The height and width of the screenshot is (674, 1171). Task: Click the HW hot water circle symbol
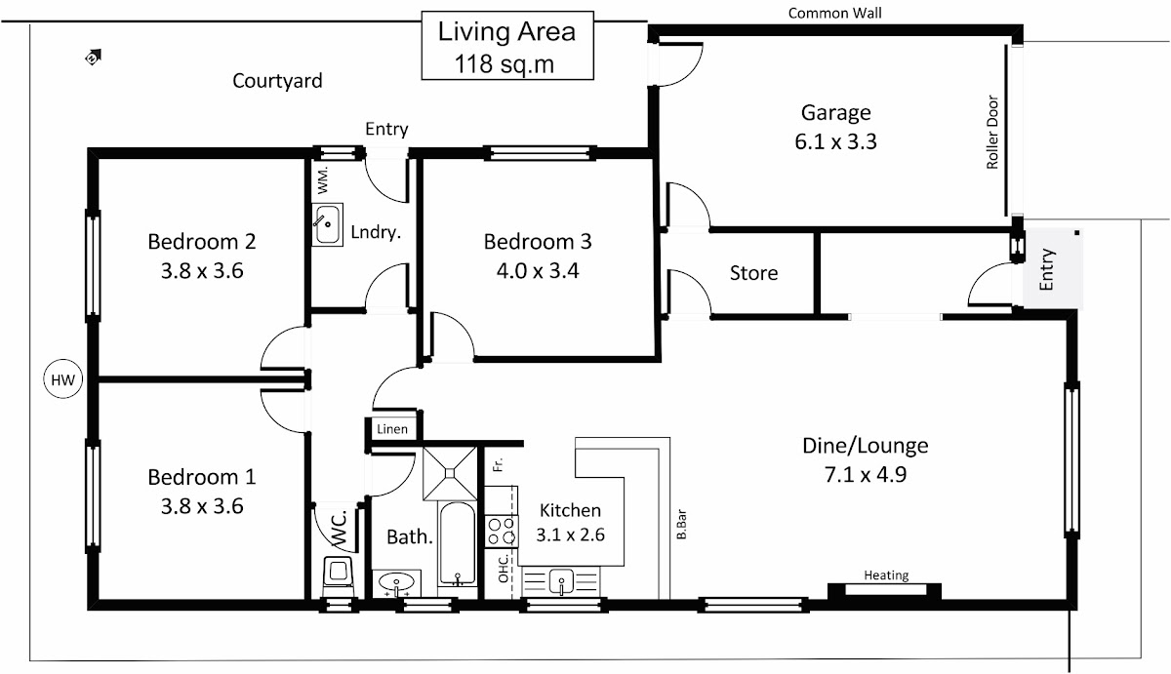62,379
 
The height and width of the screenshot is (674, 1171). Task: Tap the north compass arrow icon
93,57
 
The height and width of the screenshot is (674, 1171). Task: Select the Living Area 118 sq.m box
507,46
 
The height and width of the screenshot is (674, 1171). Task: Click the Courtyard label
277,81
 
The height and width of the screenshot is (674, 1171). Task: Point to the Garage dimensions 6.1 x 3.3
835,141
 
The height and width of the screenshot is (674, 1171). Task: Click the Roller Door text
991,133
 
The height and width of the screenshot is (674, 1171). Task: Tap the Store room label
753,273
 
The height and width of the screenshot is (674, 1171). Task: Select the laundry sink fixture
327,224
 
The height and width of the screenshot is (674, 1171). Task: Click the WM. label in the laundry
323,180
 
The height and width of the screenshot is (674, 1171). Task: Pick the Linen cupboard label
391,429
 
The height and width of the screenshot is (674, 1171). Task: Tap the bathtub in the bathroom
458,543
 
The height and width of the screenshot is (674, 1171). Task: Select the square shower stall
450,473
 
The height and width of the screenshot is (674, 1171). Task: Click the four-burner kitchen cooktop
501,532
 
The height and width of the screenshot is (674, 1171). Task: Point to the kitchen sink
561,581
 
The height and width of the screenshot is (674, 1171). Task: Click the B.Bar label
681,525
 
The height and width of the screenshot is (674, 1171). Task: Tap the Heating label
886,575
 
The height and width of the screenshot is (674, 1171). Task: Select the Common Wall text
834,13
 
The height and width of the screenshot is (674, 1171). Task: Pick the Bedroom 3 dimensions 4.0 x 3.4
538,270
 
